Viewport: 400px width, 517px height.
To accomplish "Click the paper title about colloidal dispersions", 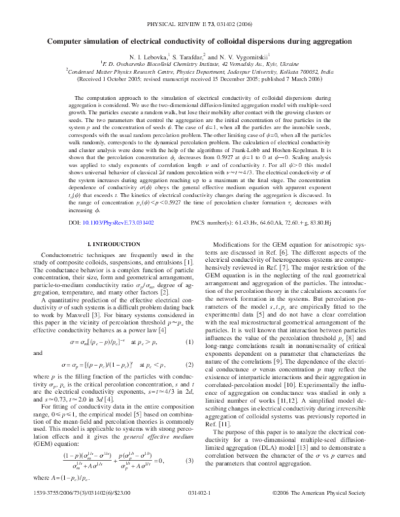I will click(x=199, y=41).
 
